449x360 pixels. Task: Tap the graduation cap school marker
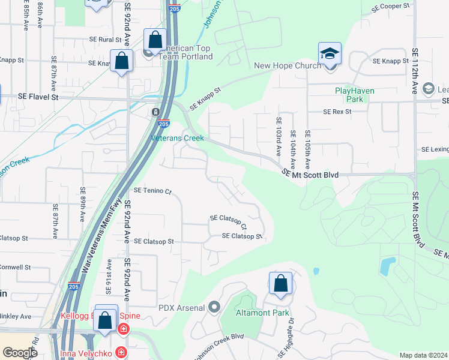pyautogui.click(x=330, y=54)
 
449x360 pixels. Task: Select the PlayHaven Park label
pyautogui.click(x=357, y=95)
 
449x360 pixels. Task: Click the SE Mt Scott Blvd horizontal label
pyautogui.click(x=311, y=175)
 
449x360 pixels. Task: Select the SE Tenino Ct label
pyautogui.click(x=152, y=191)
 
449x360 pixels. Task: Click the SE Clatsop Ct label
pyautogui.click(x=228, y=222)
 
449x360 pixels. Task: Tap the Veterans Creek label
pyautogui.click(x=176, y=137)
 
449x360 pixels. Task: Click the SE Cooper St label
pyautogui.click(x=390, y=5)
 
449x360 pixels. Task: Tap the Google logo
pyautogui.click(x=20, y=353)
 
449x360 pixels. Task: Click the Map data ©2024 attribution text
pyautogui.click(x=423, y=355)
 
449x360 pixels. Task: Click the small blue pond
pyautogui.click(x=388, y=264)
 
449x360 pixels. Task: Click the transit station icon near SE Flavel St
pyautogui.click(x=155, y=112)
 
